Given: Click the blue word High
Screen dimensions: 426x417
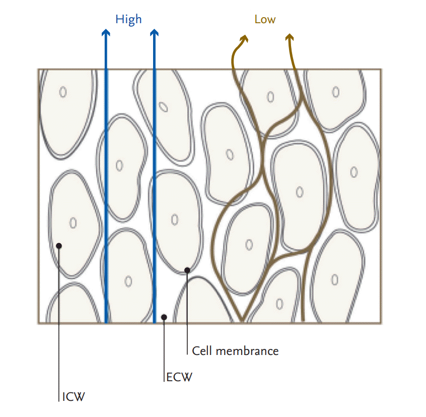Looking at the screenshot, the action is coord(128,20).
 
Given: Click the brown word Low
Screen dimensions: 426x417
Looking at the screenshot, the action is coord(265,19).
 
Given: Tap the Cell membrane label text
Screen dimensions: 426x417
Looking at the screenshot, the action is coord(235,351).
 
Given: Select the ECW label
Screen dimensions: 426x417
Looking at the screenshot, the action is coord(179,377).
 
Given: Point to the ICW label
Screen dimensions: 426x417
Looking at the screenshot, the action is coord(74,397).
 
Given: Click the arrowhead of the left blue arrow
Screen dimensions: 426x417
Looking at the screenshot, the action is coord(106,32).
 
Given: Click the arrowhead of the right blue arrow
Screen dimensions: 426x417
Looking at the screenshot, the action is coord(154,32).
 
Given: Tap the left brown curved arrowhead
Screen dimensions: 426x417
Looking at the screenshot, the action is coord(244,39).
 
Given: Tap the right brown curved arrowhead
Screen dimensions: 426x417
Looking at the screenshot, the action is coord(290,37).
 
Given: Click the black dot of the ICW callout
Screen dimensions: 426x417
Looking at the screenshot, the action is coord(59,246).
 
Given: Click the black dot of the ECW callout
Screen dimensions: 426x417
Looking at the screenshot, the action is coord(164,317).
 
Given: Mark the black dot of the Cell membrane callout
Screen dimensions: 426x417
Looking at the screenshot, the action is coord(187,270).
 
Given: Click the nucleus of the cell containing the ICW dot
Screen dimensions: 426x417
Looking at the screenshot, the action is coord(73,223).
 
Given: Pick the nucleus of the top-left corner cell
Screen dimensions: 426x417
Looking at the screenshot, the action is coord(63,92).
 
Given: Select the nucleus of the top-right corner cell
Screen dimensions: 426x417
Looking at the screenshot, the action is coord(336,92).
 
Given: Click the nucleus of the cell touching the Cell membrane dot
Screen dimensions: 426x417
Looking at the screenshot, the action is coord(175,219).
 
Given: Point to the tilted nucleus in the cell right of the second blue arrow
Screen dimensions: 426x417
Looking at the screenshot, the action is coord(163,107).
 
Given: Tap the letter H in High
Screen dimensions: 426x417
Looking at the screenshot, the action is coord(119,19).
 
